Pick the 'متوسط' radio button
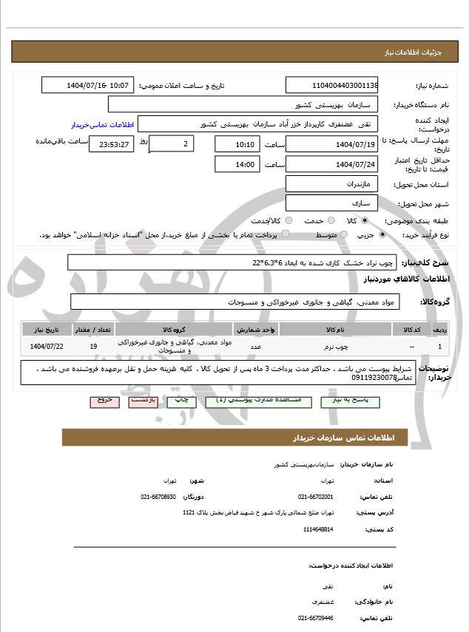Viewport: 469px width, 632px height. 342,234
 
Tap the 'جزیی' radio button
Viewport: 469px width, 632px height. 382,234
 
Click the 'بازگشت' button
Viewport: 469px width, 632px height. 142,399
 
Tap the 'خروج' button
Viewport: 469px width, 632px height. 103,399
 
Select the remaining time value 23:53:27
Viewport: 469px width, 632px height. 111,144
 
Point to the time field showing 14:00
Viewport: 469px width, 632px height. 236,163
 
